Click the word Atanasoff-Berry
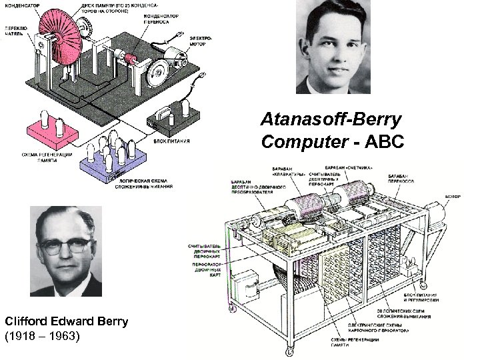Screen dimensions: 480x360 tap(331, 121)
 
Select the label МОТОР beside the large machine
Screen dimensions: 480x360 tap(453, 197)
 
